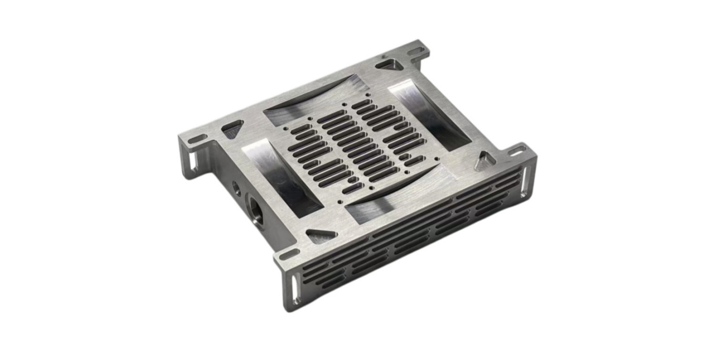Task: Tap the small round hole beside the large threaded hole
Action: [237, 188]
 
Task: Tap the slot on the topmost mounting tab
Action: [416, 51]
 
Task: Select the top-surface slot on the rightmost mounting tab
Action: [516, 152]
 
